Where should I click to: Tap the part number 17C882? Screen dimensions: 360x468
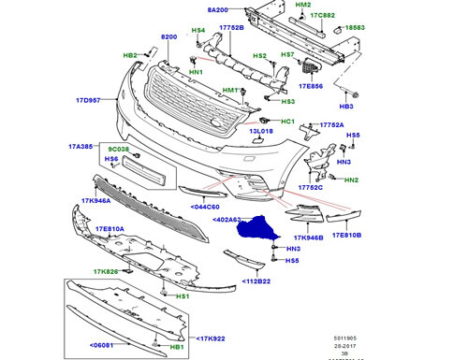coord(324,15)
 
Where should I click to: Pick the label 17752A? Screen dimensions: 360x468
coord(331,124)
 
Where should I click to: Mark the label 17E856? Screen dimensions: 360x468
coord(310,86)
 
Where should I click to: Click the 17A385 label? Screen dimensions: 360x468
coord(81,147)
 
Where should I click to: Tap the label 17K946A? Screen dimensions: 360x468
coord(96,199)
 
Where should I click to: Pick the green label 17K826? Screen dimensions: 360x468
coord(105,272)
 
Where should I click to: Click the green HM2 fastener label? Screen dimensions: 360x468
coord(302,5)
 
